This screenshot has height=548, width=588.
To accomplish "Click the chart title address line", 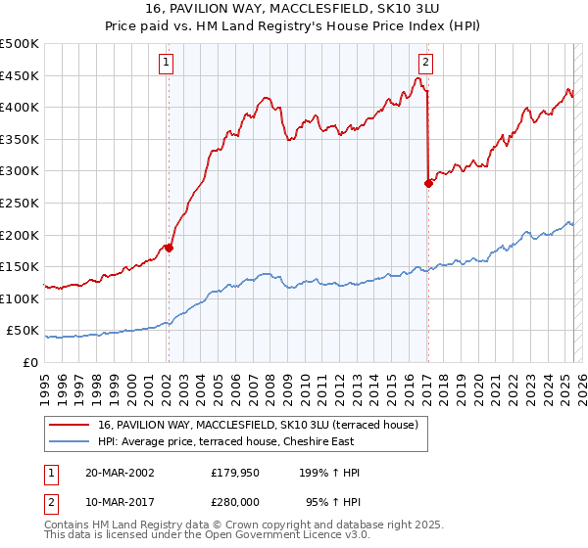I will click(294, 9).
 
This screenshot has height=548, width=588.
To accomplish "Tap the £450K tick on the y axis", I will click(20, 75).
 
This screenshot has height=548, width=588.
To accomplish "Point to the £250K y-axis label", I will click(20, 203).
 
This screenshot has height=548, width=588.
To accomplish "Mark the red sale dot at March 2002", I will click(169, 248).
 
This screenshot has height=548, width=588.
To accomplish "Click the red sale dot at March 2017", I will click(428, 183).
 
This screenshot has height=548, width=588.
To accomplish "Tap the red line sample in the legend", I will click(70, 425).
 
